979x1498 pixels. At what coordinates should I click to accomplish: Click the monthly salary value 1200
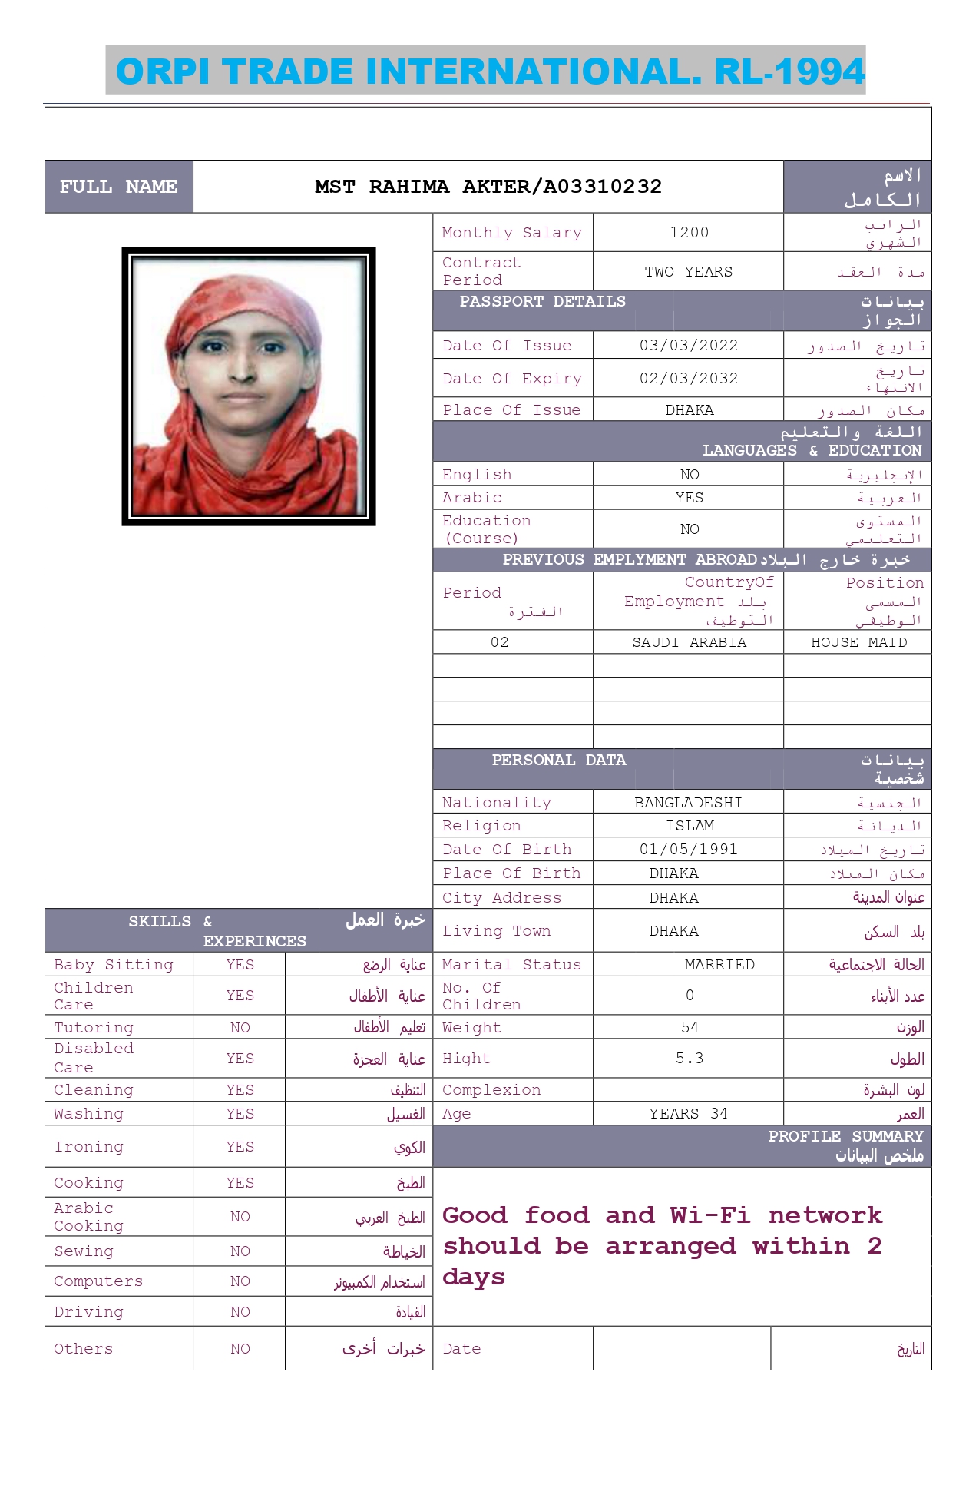pyautogui.click(x=689, y=233)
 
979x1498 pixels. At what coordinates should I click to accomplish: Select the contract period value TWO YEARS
pyautogui.click(x=688, y=272)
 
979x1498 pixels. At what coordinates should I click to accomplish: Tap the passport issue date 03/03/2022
pyautogui.click(x=689, y=346)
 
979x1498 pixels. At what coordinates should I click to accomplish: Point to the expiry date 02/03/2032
pyautogui.click(x=689, y=379)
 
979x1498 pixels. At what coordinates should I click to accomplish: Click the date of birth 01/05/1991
pyautogui.click(x=689, y=850)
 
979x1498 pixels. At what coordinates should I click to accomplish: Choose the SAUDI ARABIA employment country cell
pyautogui.click(x=689, y=643)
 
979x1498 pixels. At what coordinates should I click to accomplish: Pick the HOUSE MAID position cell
pyautogui.click(x=858, y=643)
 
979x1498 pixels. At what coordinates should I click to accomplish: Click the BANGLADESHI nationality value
pyautogui.click(x=688, y=803)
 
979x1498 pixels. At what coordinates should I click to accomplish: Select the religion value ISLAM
pyautogui.click(x=690, y=826)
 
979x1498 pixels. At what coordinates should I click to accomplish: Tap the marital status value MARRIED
pyautogui.click(x=719, y=965)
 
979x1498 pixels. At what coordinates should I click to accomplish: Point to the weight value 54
pyautogui.click(x=690, y=1028)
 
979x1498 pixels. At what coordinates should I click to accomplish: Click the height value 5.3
pyautogui.click(x=690, y=1059)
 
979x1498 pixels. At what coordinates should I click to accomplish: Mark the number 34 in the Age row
pyautogui.click(x=719, y=1114)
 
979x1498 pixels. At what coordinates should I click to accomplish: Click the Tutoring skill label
pyautogui.click(x=94, y=1028)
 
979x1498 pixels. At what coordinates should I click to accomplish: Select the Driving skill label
pyautogui.click(x=88, y=1312)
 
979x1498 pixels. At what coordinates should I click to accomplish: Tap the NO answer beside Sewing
pyautogui.click(x=240, y=1251)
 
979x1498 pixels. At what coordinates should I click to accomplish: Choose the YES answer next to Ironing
pyautogui.click(x=240, y=1147)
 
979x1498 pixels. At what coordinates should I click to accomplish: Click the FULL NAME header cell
pyautogui.click(x=119, y=187)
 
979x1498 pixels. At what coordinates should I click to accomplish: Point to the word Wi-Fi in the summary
pyautogui.click(x=709, y=1215)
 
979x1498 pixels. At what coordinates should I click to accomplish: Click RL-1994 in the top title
pyautogui.click(x=789, y=71)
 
